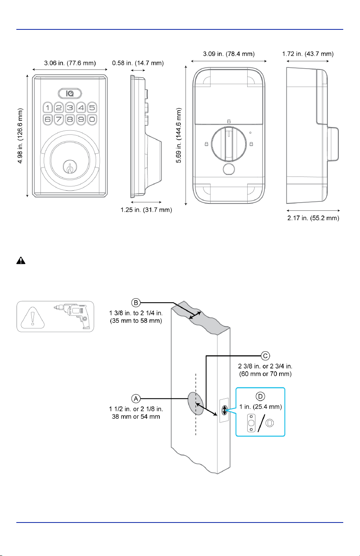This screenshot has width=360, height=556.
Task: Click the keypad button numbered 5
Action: tap(92, 108)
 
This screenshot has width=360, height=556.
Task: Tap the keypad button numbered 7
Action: tap(59, 119)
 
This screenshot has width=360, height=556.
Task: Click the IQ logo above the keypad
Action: tap(70, 94)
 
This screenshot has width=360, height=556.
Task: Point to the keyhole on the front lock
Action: tap(70, 167)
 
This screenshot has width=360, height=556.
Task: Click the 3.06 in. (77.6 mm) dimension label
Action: tap(70, 63)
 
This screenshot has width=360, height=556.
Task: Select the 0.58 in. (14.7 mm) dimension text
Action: tap(138, 63)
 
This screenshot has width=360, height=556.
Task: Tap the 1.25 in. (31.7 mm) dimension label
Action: tap(146, 210)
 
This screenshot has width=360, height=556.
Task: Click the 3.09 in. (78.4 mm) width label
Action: tap(229, 54)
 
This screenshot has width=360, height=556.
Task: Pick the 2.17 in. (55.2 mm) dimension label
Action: tap(313, 218)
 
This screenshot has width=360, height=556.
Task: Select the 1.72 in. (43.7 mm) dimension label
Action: tap(308, 54)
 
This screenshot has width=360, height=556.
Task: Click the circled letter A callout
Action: tap(136, 399)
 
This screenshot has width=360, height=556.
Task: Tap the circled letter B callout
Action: tap(136, 303)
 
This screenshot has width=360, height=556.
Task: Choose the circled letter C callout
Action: tap(265, 356)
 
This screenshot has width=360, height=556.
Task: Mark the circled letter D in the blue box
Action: tap(260, 396)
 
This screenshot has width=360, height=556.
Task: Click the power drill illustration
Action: tap(72, 316)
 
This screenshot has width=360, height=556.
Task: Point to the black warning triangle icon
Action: tap(21, 261)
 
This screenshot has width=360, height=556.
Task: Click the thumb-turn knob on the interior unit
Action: tap(229, 144)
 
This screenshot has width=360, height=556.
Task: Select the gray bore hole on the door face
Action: tap(196, 404)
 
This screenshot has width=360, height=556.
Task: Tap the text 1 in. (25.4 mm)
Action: tap(260, 407)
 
